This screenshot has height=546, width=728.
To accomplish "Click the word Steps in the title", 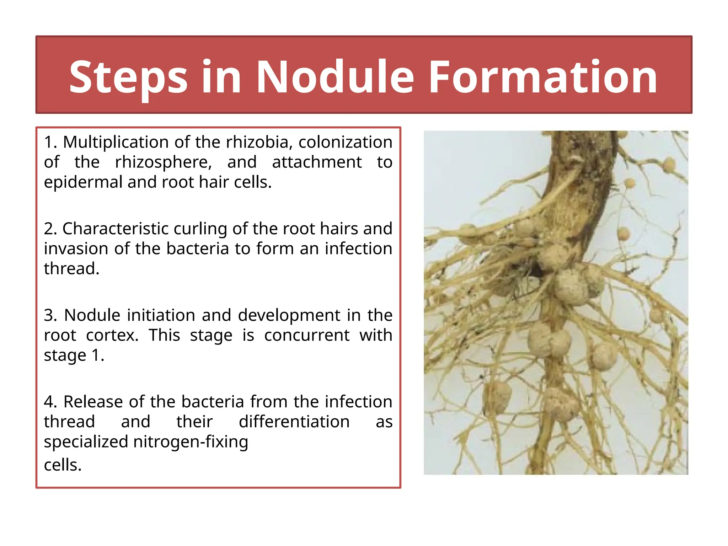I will click(128, 77).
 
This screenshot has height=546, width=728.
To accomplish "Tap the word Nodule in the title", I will click(334, 77).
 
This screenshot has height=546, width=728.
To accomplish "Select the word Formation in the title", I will click(543, 77).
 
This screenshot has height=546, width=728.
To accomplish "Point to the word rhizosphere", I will click(163, 162).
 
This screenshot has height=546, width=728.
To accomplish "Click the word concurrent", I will click(307, 335).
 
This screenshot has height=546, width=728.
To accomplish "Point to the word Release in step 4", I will click(93, 402).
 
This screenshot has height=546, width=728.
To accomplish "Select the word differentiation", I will click(294, 422).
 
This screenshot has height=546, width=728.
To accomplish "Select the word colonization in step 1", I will click(345, 142).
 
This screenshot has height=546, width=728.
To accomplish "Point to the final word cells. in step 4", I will click(63, 465).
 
